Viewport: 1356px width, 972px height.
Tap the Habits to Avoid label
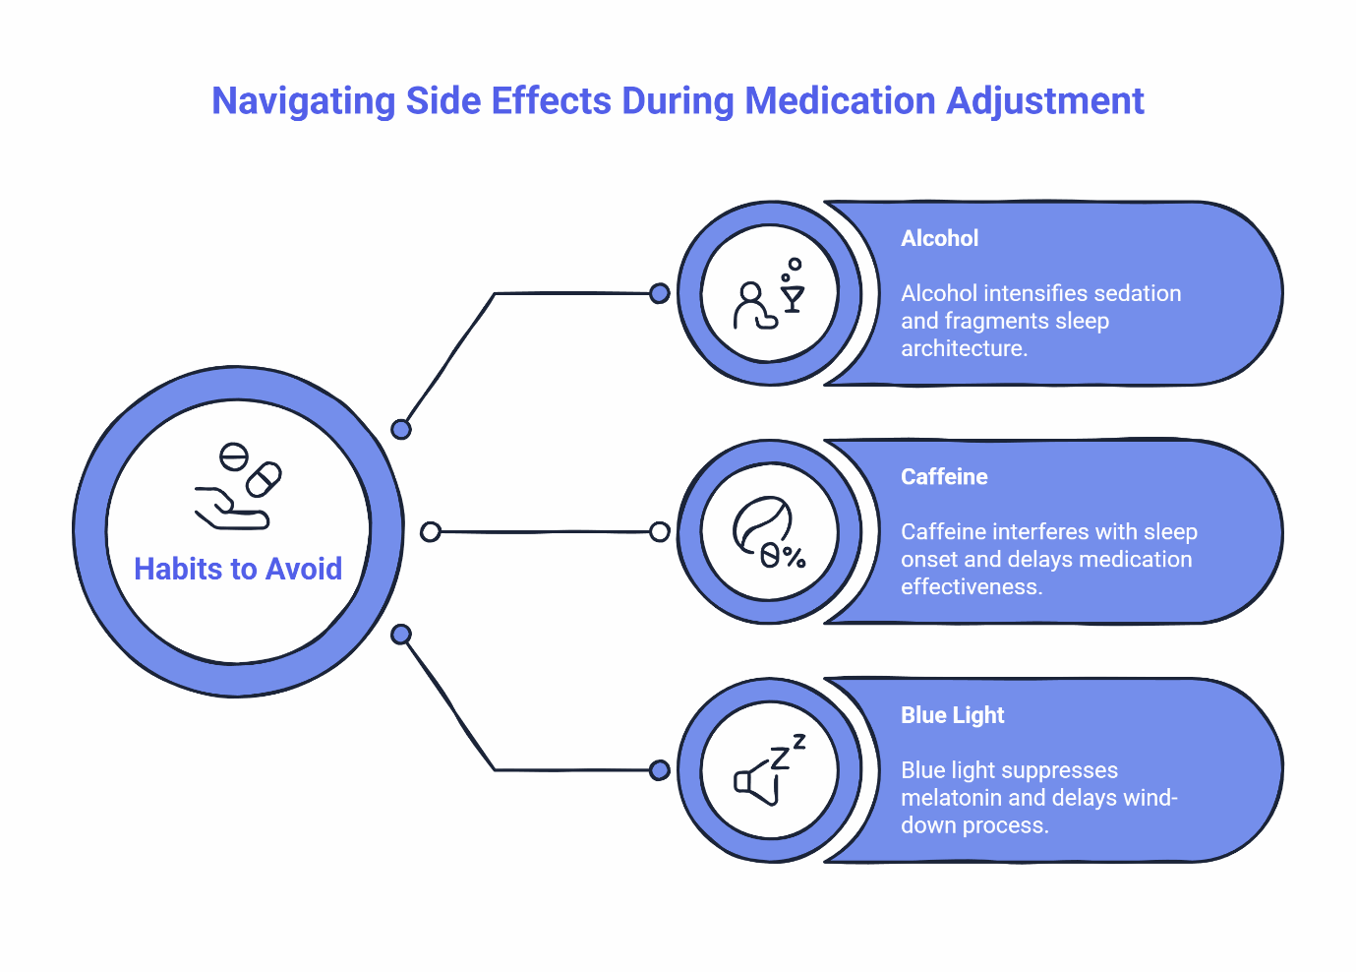(x=238, y=569)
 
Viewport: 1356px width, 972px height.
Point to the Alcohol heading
(x=939, y=238)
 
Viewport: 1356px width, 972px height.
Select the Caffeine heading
(x=944, y=476)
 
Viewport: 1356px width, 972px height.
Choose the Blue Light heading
(x=952, y=715)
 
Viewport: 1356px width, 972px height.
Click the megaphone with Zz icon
(x=769, y=770)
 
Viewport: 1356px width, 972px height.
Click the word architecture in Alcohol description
(x=964, y=348)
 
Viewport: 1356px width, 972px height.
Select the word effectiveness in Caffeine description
(x=971, y=586)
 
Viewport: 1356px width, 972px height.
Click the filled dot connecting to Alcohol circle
(x=660, y=293)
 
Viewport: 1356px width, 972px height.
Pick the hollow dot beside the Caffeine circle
(x=660, y=532)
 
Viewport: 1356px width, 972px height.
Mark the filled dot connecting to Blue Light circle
(x=660, y=769)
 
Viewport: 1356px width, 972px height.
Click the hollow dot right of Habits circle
(x=430, y=532)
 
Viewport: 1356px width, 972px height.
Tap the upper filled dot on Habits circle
(x=401, y=429)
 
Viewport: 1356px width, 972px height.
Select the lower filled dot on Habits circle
(x=401, y=635)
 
